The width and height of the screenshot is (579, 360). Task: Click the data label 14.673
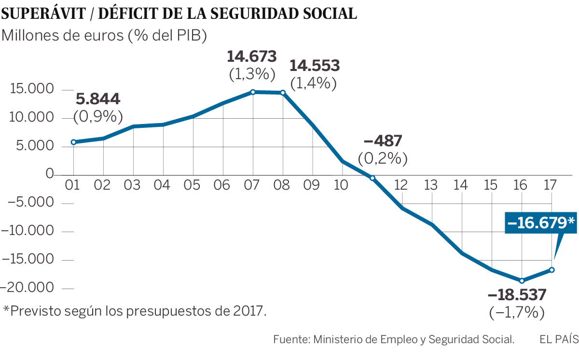252,56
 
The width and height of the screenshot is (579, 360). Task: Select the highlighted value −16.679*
541,222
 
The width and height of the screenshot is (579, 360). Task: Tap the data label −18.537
517,294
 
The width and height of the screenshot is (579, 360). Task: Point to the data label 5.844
98,99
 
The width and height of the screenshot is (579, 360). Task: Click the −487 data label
382,141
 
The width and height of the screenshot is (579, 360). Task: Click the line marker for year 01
73,142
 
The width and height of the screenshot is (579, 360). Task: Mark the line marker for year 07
253,92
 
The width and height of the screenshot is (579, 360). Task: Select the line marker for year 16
522,280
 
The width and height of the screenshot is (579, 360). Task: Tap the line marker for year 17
552,270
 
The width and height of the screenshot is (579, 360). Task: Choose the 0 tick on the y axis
50,174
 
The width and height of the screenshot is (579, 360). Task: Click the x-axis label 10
342,185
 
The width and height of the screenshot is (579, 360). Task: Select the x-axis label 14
462,185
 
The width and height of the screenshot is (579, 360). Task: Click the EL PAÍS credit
558,340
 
